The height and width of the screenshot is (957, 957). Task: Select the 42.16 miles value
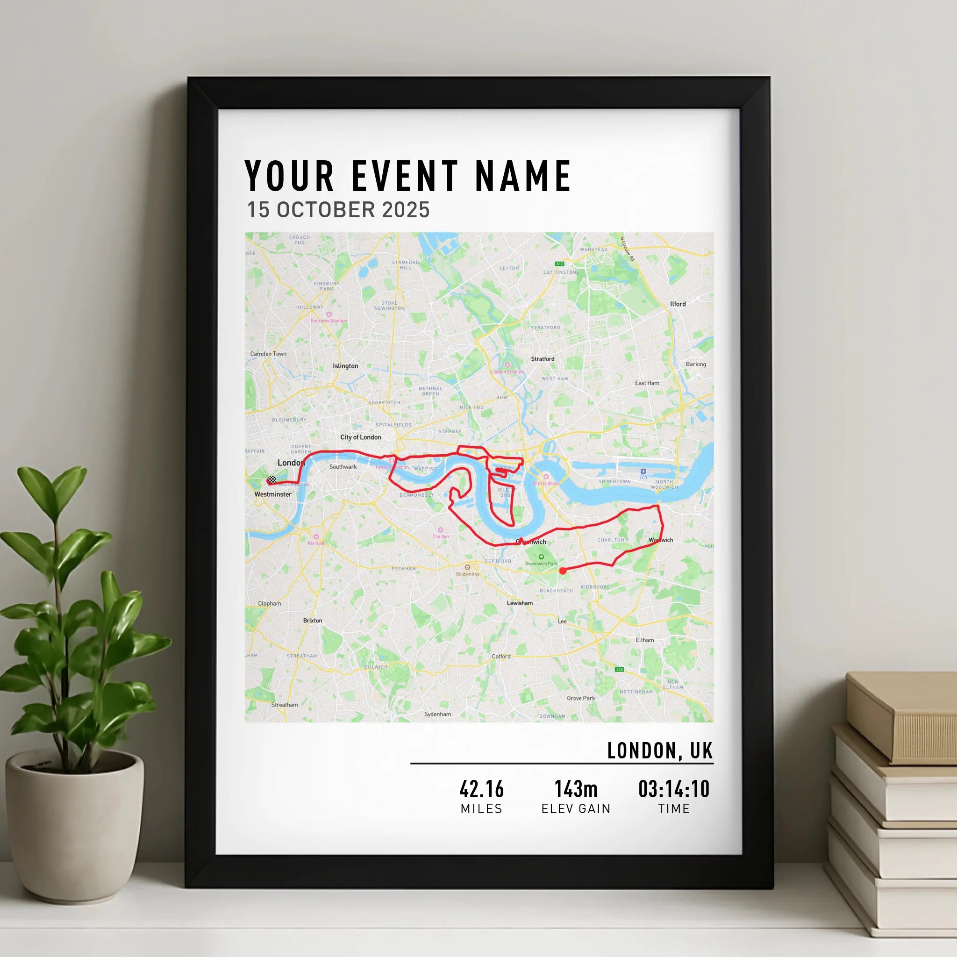click(481, 790)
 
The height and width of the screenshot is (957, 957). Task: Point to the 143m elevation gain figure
click(576, 790)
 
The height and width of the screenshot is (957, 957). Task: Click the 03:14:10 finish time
click(674, 790)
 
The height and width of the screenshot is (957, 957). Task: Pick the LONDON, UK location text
click(660, 751)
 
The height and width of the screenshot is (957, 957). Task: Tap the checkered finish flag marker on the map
click(271, 480)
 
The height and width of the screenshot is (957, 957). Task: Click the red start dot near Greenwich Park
click(563, 571)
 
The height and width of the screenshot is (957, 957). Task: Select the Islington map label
click(345, 366)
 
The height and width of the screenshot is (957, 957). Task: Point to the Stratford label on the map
click(543, 358)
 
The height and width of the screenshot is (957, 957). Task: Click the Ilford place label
click(678, 304)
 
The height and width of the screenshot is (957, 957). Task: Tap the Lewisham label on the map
click(520, 603)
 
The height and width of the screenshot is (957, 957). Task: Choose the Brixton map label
click(313, 620)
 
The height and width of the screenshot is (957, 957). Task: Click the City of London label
click(361, 437)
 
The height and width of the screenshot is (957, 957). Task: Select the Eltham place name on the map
click(644, 640)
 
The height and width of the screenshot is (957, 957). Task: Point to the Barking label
click(696, 364)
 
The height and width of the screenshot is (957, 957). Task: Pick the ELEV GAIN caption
click(576, 809)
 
